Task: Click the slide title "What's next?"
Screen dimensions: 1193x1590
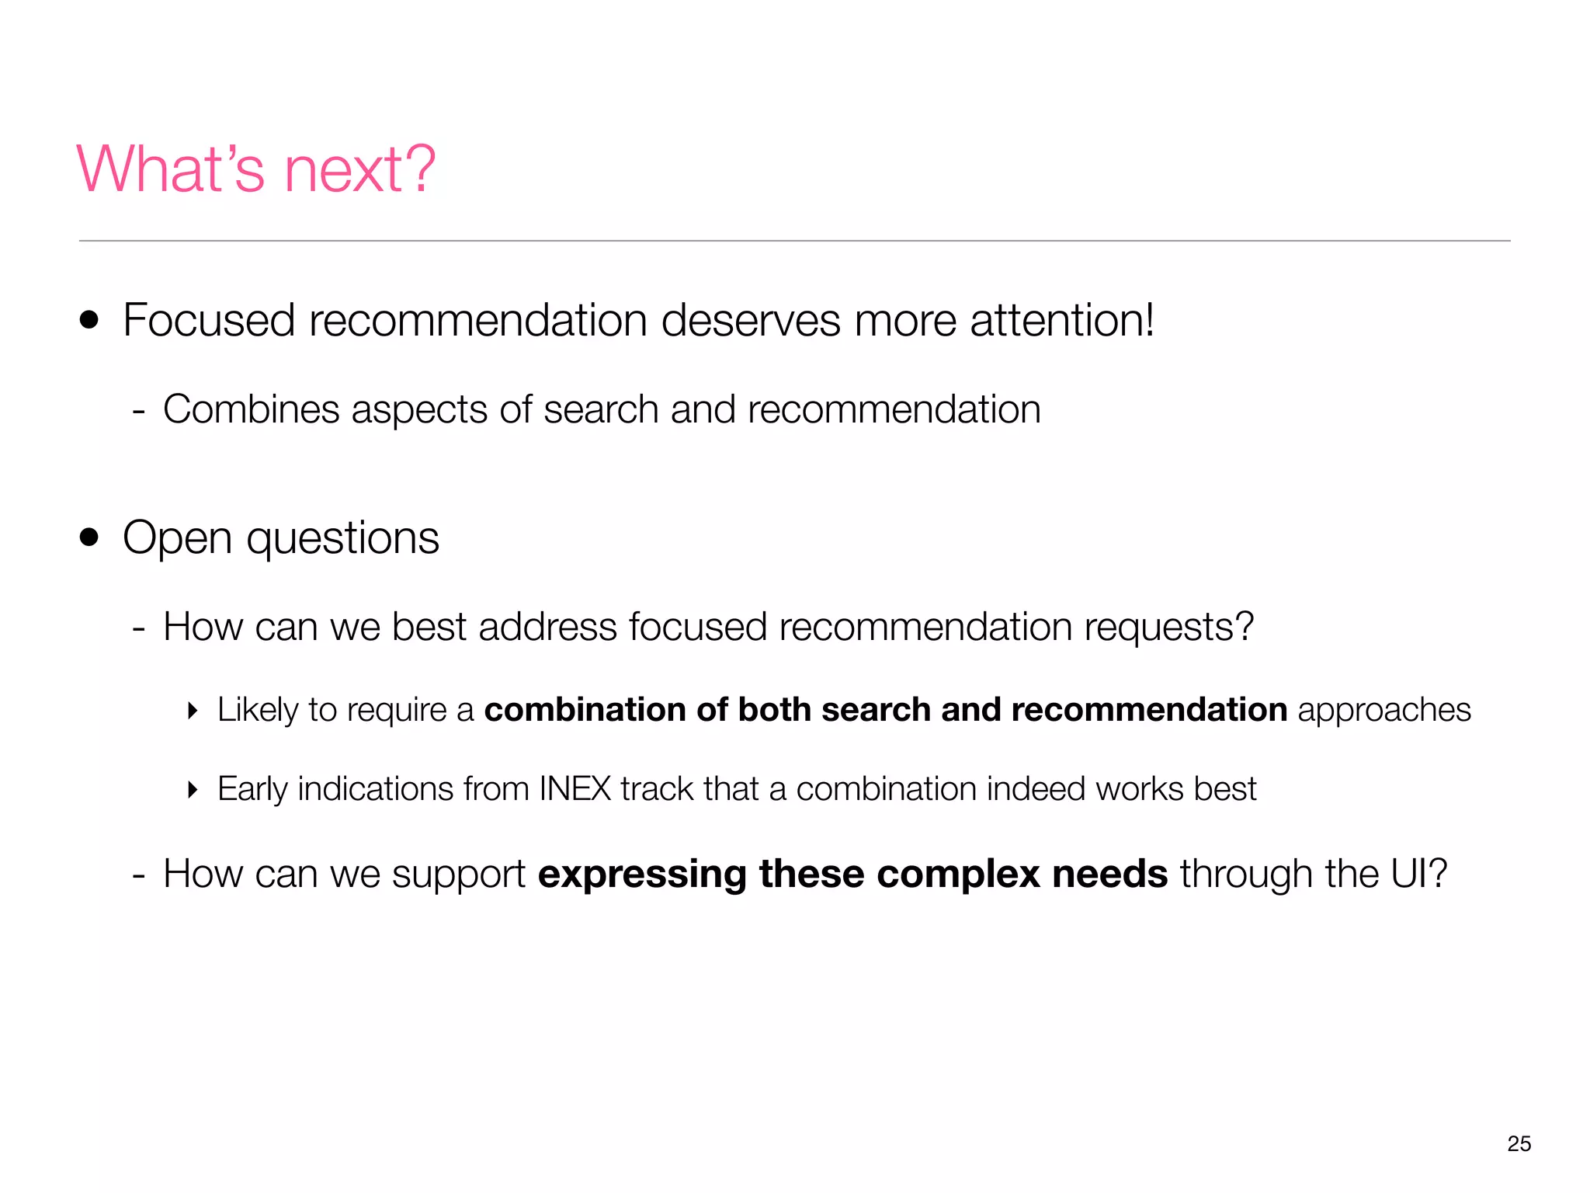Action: [256, 169]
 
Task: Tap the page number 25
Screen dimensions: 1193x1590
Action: [1519, 1143]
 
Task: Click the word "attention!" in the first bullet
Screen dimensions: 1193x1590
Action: [1061, 320]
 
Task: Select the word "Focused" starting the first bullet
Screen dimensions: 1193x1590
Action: [209, 320]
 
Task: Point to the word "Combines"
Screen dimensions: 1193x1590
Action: [251, 409]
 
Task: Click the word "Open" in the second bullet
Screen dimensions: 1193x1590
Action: [177, 538]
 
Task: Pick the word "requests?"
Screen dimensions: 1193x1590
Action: [1168, 628]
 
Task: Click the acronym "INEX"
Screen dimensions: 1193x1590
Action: [575, 789]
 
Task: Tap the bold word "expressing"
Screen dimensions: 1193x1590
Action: [641, 875]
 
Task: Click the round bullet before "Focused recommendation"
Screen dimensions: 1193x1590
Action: [90, 320]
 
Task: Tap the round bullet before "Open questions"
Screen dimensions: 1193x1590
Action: [90, 537]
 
